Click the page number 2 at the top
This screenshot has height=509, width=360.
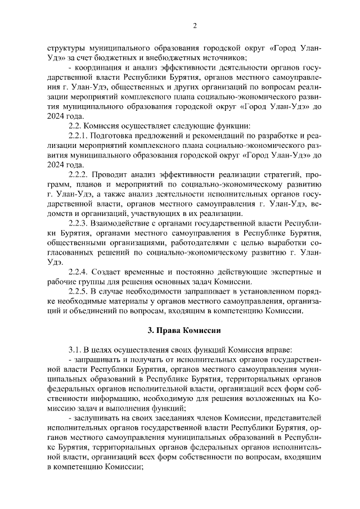[194, 25]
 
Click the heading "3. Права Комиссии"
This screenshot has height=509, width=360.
[180, 330]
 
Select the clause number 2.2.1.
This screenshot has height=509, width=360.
[78, 136]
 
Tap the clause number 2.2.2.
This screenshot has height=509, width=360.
[78, 174]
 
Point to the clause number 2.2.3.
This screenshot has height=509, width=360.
[78, 223]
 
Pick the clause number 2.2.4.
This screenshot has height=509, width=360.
[78, 272]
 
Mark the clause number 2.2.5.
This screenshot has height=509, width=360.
[78, 291]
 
